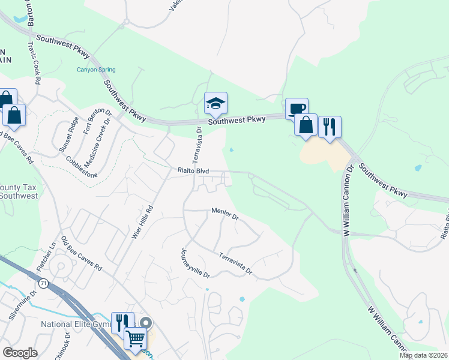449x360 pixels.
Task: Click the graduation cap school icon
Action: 215,104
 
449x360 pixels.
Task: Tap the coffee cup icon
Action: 297,109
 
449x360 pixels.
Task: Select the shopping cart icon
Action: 135,339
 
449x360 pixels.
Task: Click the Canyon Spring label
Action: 95,70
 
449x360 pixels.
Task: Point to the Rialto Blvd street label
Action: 193,171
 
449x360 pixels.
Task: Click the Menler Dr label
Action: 225,213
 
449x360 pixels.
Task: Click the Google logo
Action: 20,353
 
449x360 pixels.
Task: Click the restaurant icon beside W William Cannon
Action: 330,127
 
